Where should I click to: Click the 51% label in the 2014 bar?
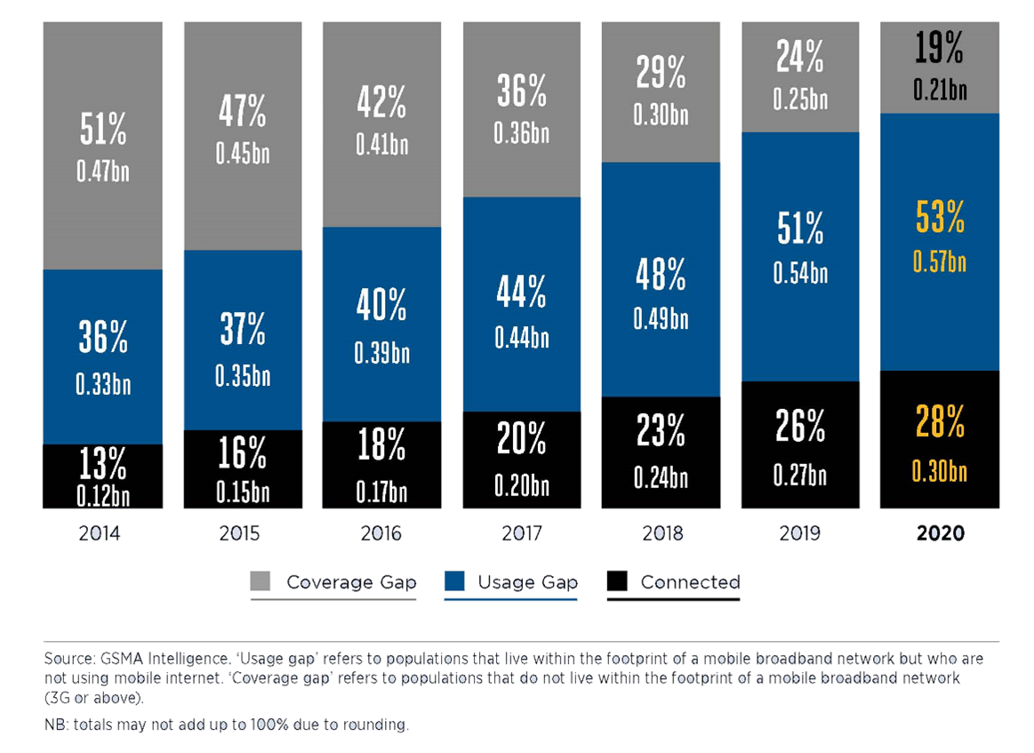click(103, 130)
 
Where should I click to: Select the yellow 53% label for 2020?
click(941, 217)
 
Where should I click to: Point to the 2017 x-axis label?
click(521, 534)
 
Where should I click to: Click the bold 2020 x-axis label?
click(941, 534)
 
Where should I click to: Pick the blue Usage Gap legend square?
click(456, 582)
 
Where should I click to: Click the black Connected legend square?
click(619, 582)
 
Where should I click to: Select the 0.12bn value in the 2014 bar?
click(103, 496)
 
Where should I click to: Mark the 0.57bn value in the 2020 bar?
click(941, 262)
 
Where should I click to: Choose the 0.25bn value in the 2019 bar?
click(800, 100)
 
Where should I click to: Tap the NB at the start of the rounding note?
click(54, 725)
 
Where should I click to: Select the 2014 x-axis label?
click(103, 534)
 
